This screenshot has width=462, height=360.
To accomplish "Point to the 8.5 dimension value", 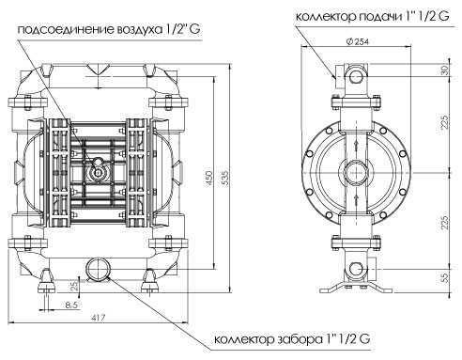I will [71, 305].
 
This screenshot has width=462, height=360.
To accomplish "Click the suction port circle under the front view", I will [96, 267].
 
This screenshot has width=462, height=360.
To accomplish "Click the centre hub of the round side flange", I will [357, 176].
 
